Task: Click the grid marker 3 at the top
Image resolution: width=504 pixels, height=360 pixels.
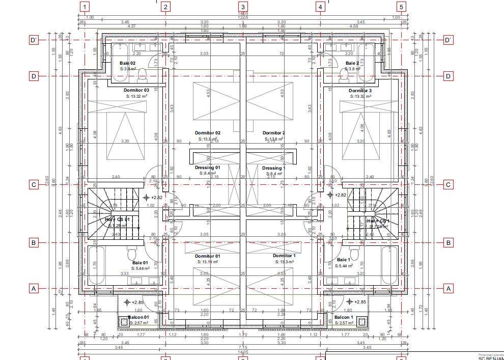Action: tap(243, 7)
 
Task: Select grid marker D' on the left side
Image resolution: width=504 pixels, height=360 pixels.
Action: tap(34, 40)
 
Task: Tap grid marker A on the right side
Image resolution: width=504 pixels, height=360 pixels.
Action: tap(448, 288)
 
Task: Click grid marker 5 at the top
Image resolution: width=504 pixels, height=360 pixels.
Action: tap(401, 7)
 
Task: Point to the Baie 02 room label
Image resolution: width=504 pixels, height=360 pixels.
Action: tap(127, 63)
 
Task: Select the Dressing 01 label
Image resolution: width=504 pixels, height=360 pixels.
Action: tap(207, 168)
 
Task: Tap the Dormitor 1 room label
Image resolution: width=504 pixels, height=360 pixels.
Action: tap(284, 256)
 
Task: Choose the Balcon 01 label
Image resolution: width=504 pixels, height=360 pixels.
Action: tap(138, 317)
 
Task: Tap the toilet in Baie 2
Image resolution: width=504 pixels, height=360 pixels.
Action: tap(344, 75)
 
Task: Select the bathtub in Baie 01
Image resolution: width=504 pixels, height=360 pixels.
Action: tap(95, 264)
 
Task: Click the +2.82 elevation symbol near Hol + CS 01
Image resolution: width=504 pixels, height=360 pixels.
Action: tap(146, 197)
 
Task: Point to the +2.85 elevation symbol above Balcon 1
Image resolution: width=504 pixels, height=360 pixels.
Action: tap(349, 302)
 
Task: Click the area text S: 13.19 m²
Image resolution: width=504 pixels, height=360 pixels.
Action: tap(207, 262)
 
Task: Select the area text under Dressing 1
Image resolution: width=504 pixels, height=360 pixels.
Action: tap(274, 174)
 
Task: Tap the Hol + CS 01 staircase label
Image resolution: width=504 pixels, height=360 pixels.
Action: tap(118, 219)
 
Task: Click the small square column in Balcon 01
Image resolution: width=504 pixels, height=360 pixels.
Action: tap(124, 321)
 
